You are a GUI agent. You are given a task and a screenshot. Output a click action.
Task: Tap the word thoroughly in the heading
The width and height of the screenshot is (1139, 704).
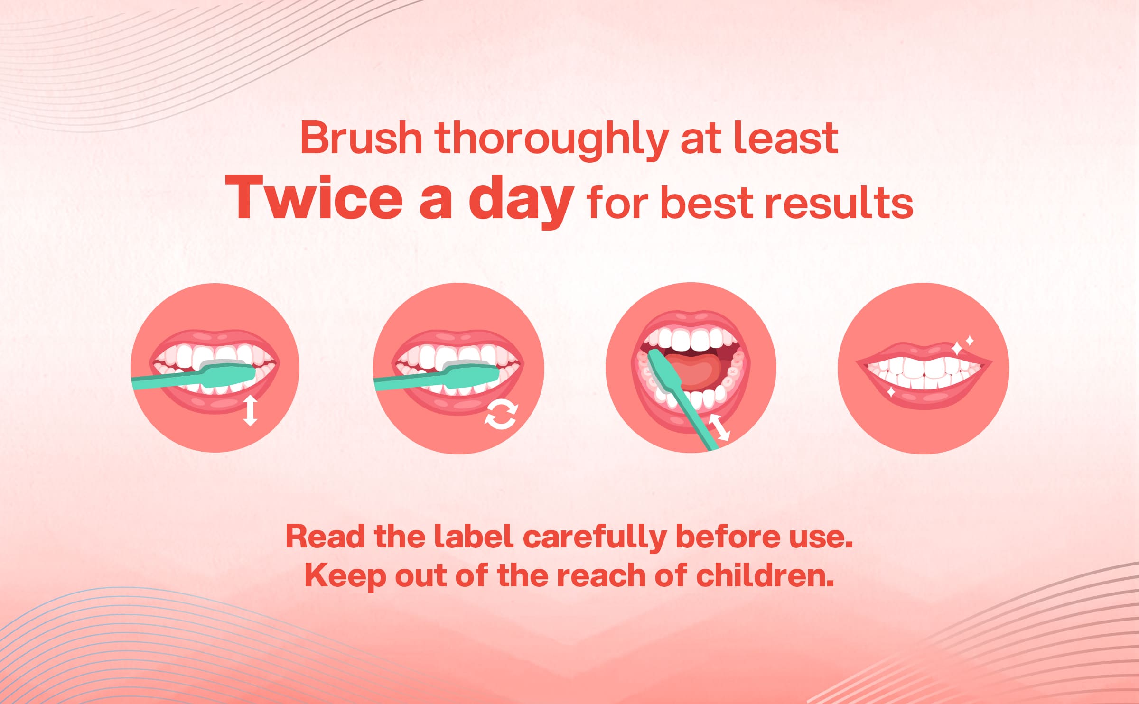pos(551,141)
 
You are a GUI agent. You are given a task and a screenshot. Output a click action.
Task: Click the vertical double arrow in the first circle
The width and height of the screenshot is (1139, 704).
pos(250,411)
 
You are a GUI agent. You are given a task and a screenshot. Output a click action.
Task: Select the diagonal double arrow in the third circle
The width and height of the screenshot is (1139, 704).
pos(719,427)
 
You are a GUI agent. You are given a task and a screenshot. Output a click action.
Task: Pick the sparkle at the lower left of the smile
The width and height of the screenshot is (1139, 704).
pos(891,392)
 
